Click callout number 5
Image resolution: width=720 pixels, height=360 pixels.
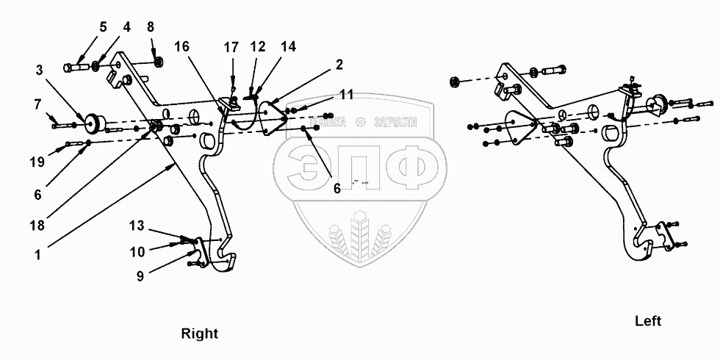[x=104, y=27]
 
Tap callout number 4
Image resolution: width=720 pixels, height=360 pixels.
[x=126, y=27]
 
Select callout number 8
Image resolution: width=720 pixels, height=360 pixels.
[x=151, y=27]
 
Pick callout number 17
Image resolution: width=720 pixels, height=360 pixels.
[x=231, y=47]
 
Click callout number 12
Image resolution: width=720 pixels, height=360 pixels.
[x=256, y=47]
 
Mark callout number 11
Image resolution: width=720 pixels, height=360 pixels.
[x=346, y=94]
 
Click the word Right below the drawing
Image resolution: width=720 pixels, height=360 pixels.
[x=200, y=334]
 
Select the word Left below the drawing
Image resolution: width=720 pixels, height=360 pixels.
[x=648, y=321]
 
